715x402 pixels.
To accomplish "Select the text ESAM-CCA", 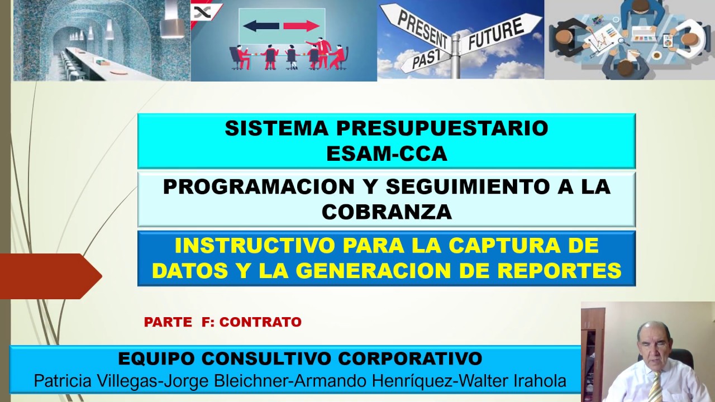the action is pyautogui.click(x=387, y=154).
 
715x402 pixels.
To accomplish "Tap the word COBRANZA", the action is pyautogui.click(x=387, y=212).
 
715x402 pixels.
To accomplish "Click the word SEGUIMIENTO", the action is pyautogui.click(x=466, y=186).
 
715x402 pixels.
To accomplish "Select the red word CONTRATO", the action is pyautogui.click(x=260, y=322).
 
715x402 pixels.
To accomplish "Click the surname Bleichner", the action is pyautogui.click(x=252, y=381).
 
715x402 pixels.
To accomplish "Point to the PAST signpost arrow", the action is pyautogui.click(x=426, y=59).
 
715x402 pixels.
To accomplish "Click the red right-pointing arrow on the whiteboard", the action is pyautogui.click(x=302, y=26).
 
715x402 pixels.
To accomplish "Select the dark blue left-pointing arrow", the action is pyautogui.click(x=261, y=26).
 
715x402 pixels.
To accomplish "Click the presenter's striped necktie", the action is pyautogui.click(x=655, y=387).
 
